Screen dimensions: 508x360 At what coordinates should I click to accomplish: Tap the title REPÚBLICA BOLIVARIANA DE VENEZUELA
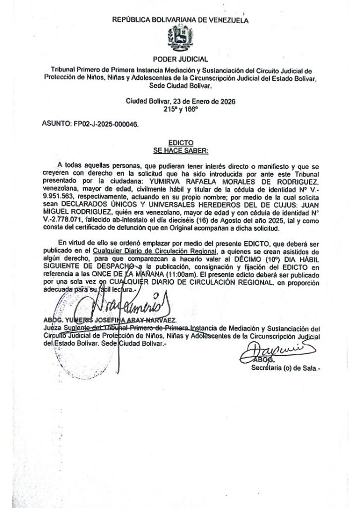click(180, 20)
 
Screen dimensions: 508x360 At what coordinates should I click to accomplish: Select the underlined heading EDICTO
click(180, 142)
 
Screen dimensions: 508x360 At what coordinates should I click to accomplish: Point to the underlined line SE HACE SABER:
click(180, 149)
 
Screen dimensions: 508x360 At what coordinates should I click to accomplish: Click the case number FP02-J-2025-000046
click(106, 126)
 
